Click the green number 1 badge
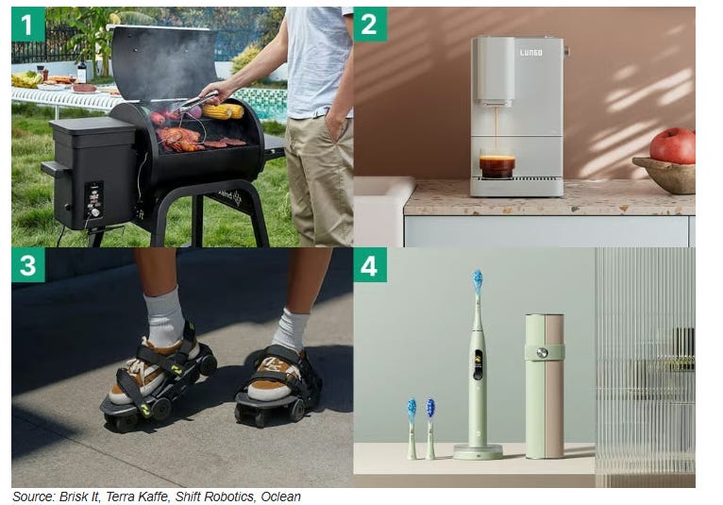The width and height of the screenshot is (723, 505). [x=28, y=24]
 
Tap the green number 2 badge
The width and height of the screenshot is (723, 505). [x=370, y=24]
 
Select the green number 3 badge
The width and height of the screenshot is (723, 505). [x=28, y=264]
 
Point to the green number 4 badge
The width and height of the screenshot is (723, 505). [x=370, y=264]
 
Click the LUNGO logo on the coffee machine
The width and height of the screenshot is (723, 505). [x=530, y=53]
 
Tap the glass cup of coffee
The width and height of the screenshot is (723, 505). [x=497, y=166]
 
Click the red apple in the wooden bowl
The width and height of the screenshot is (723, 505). [x=673, y=145]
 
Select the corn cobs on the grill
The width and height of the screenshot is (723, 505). [x=223, y=111]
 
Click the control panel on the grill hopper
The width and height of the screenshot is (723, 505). [x=93, y=199]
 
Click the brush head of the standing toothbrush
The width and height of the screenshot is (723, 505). [x=478, y=281]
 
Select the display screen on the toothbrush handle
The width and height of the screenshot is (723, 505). [x=478, y=362]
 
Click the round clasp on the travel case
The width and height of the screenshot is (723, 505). [x=542, y=353]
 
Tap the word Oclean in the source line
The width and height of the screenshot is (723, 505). [x=281, y=497]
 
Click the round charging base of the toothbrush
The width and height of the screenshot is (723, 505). [x=478, y=451]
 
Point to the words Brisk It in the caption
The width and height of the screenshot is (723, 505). [x=79, y=497]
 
